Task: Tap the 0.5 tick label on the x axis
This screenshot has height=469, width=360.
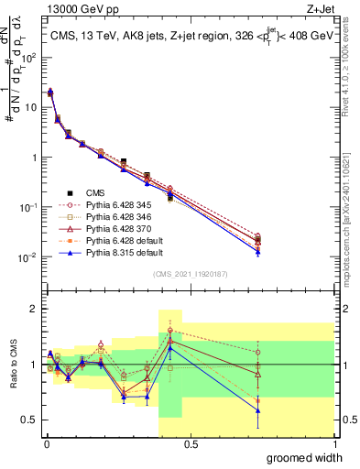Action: (x=191, y=444)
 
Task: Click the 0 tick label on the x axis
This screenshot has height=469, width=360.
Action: (x=46, y=444)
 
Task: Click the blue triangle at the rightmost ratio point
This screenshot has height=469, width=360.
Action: (x=258, y=410)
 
